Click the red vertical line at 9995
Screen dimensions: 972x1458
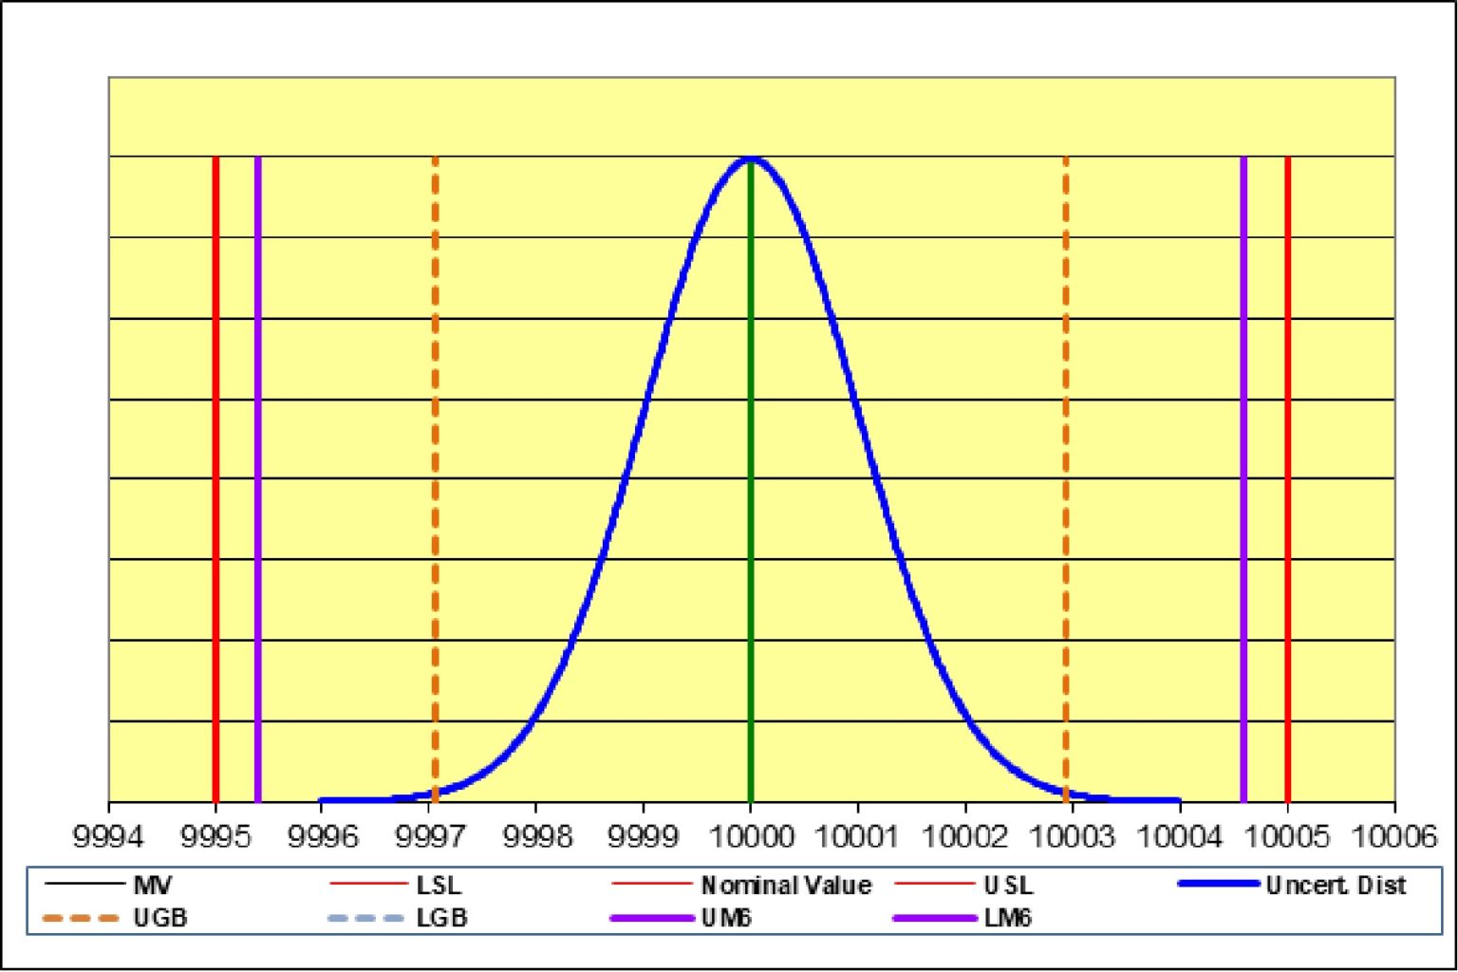[216, 475]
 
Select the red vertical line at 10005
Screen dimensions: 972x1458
[1287, 475]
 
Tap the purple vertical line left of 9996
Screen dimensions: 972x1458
[258, 475]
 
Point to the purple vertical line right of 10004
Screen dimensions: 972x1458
[1243, 475]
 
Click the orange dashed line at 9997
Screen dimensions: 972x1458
[435, 475]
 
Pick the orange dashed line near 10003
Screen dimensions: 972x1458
[1066, 475]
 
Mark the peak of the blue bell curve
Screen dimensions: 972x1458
[751, 159]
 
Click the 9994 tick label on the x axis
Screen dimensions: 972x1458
[109, 836]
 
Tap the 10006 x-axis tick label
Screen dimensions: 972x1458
[1394, 836]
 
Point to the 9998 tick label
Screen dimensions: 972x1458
[536, 836]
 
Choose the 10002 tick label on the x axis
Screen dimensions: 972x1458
[964, 836]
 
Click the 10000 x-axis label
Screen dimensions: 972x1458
[751, 836]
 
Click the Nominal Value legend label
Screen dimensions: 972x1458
[786, 886]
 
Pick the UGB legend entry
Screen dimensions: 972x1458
[159, 918]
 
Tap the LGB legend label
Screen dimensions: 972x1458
[441, 918]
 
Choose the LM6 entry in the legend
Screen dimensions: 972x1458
[1007, 918]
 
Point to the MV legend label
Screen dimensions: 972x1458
[153, 886]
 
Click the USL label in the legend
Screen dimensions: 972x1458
[1007, 886]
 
